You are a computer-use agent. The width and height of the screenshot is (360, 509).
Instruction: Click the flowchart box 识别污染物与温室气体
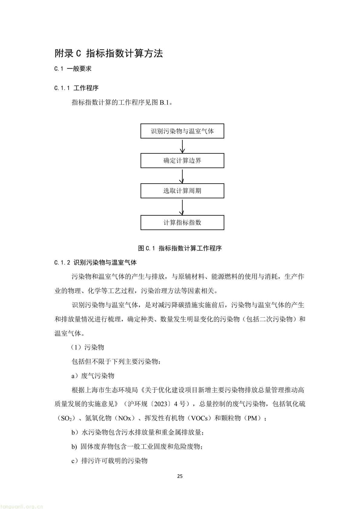pyautogui.click(x=182, y=131)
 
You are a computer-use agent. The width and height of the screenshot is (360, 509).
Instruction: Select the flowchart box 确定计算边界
pyautogui.click(x=182, y=161)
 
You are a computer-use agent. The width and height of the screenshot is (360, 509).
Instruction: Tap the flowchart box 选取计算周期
pyautogui.click(x=182, y=191)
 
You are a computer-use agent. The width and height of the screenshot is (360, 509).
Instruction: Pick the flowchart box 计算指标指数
pyautogui.click(x=182, y=223)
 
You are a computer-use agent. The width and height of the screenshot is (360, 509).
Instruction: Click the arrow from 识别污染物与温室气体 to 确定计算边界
pyautogui.click(x=182, y=146)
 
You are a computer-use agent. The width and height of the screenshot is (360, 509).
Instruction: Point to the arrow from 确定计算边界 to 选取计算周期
pyautogui.click(x=182, y=176)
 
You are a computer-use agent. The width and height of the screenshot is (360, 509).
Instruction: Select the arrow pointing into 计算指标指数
pyautogui.click(x=182, y=207)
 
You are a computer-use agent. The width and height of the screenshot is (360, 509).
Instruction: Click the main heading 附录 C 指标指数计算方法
pyautogui.click(x=109, y=54)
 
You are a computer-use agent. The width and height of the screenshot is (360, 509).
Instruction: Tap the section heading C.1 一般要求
pyautogui.click(x=73, y=69)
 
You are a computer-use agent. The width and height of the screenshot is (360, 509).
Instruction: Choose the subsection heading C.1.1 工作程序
pyautogui.click(x=76, y=88)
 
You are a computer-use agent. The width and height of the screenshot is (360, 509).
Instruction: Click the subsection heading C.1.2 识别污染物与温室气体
pyautogui.click(x=95, y=263)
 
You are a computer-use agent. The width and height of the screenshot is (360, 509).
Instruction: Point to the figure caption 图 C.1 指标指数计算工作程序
pyautogui.click(x=180, y=248)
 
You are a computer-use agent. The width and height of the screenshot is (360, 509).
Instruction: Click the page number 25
pyautogui.click(x=180, y=476)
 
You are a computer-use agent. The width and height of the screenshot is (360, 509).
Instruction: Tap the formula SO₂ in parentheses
pyautogui.click(x=67, y=419)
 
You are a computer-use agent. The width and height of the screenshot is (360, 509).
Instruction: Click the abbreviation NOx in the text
pyautogui.click(x=124, y=418)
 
